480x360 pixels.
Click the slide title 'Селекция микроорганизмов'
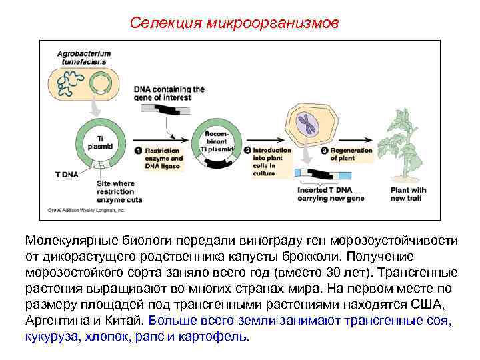pos(234,23)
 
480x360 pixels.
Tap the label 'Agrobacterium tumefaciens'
pos(84,57)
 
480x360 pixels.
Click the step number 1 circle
pos(139,151)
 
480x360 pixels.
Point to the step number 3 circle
pos(325,151)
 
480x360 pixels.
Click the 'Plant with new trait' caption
pos(408,194)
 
